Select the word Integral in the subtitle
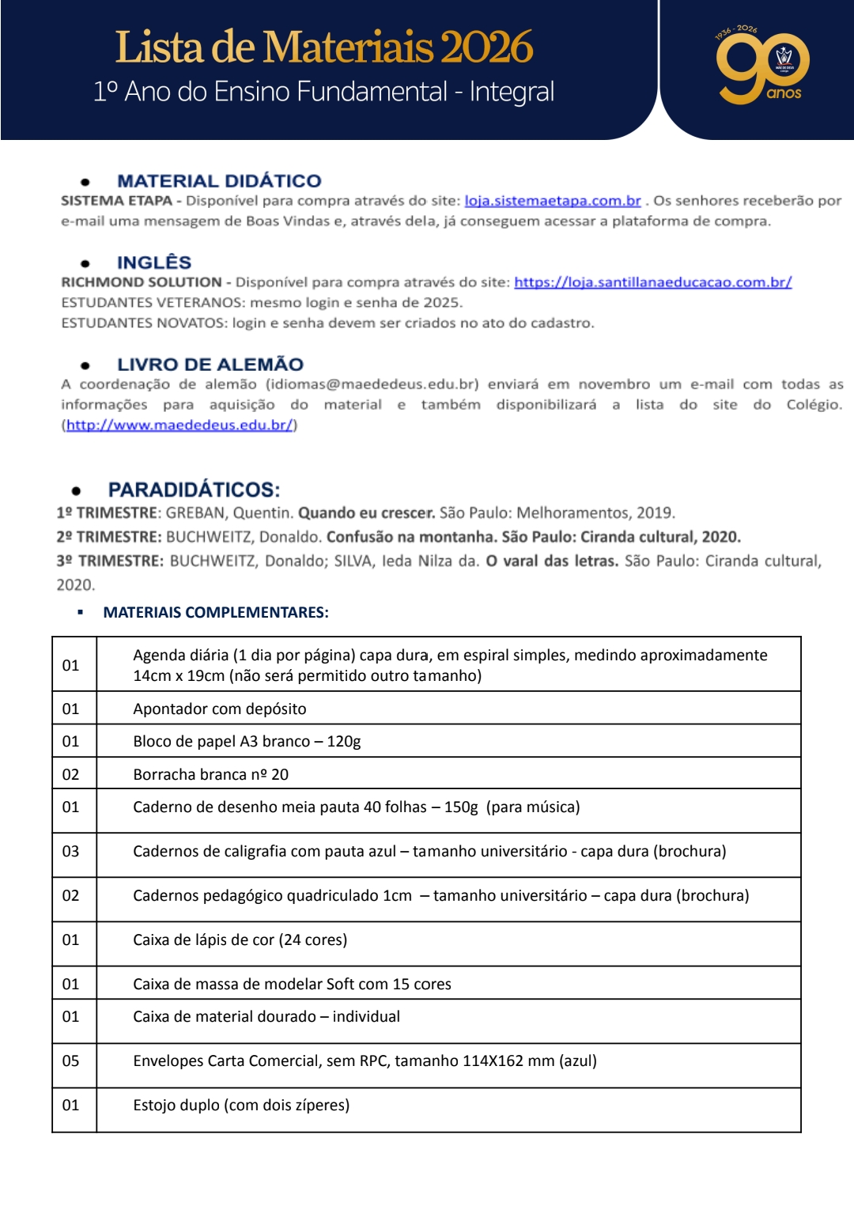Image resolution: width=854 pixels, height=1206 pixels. tap(512, 92)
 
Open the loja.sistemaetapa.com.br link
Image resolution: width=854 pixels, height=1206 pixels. tap(552, 201)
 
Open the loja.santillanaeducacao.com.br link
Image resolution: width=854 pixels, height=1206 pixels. tap(652, 282)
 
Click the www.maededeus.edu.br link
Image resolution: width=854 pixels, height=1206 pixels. tap(179, 425)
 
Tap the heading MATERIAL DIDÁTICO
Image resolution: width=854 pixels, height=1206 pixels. tap(219, 181)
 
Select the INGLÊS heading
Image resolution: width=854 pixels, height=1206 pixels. tap(154, 263)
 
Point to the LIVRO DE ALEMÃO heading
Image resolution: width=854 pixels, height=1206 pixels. tap(210, 365)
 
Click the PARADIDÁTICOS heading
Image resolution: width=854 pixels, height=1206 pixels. tap(194, 490)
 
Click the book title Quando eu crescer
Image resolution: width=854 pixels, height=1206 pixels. tap(366, 513)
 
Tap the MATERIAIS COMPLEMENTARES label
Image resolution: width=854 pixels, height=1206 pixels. tap(216, 613)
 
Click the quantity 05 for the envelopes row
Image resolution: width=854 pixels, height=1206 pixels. tap(71, 1061)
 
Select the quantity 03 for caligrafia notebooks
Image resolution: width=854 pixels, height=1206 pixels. tap(71, 852)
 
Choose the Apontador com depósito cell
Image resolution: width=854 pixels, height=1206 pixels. tap(220, 709)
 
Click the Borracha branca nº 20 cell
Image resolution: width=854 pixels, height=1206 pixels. tap(210, 775)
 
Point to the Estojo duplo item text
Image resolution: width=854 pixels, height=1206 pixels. tap(241, 1106)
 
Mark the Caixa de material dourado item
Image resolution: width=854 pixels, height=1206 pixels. tap(266, 1017)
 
